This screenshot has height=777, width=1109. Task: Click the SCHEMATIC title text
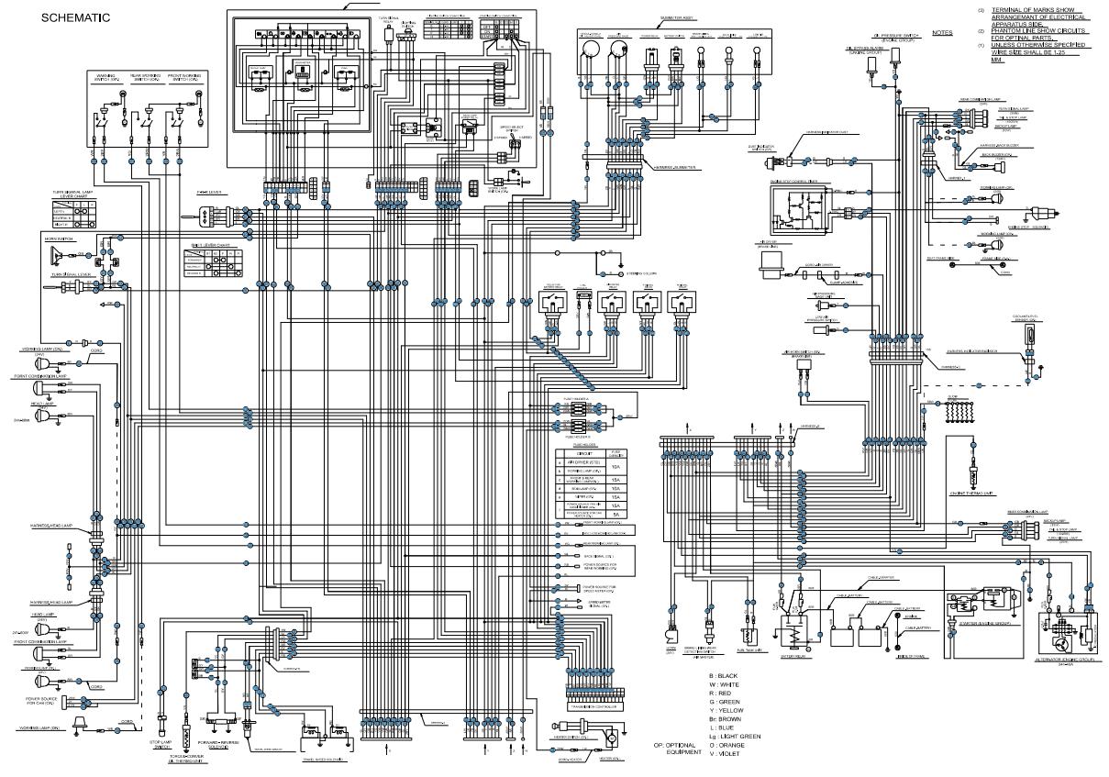click(75, 17)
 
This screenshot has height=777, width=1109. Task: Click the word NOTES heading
click(942, 32)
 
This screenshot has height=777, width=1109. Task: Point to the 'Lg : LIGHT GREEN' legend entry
click(735, 736)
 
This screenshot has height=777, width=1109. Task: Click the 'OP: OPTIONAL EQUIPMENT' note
click(677, 748)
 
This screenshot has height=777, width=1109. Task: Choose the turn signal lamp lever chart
click(75, 215)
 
